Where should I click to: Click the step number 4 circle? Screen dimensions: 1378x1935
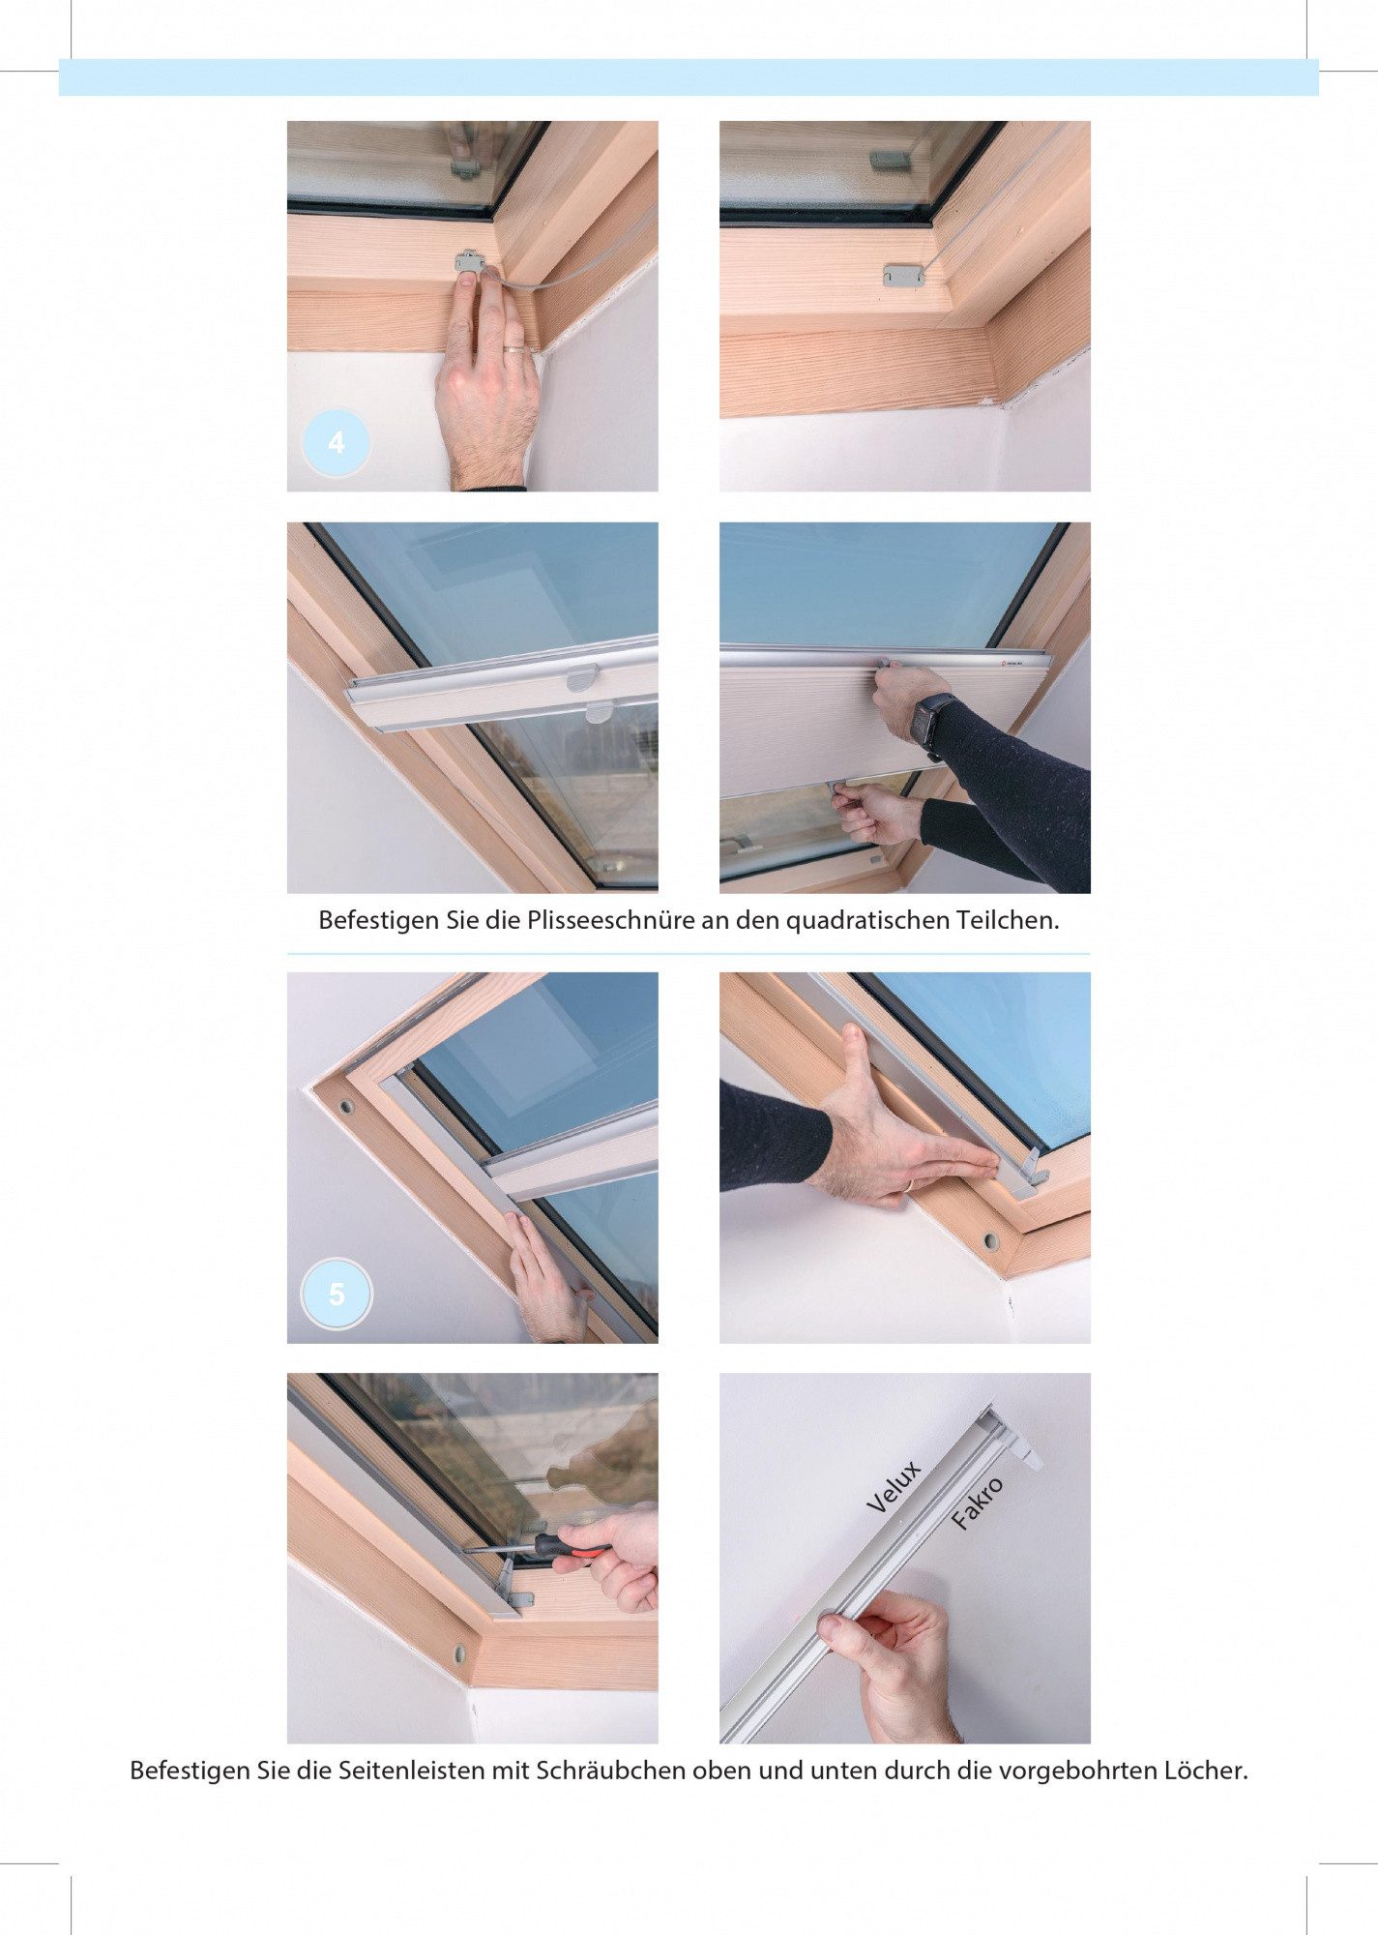[337, 443]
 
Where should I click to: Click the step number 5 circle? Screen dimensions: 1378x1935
[337, 1295]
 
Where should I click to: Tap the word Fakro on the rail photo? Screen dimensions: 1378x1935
[977, 1503]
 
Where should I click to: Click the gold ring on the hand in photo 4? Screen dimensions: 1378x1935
[515, 347]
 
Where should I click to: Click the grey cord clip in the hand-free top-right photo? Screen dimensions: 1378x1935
[903, 276]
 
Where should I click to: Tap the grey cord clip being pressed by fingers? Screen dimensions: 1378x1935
[470, 259]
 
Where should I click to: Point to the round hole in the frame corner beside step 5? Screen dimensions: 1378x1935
[345, 1106]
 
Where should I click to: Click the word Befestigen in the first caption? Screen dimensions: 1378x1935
[379, 921]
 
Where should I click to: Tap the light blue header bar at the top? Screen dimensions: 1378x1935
[689, 77]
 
